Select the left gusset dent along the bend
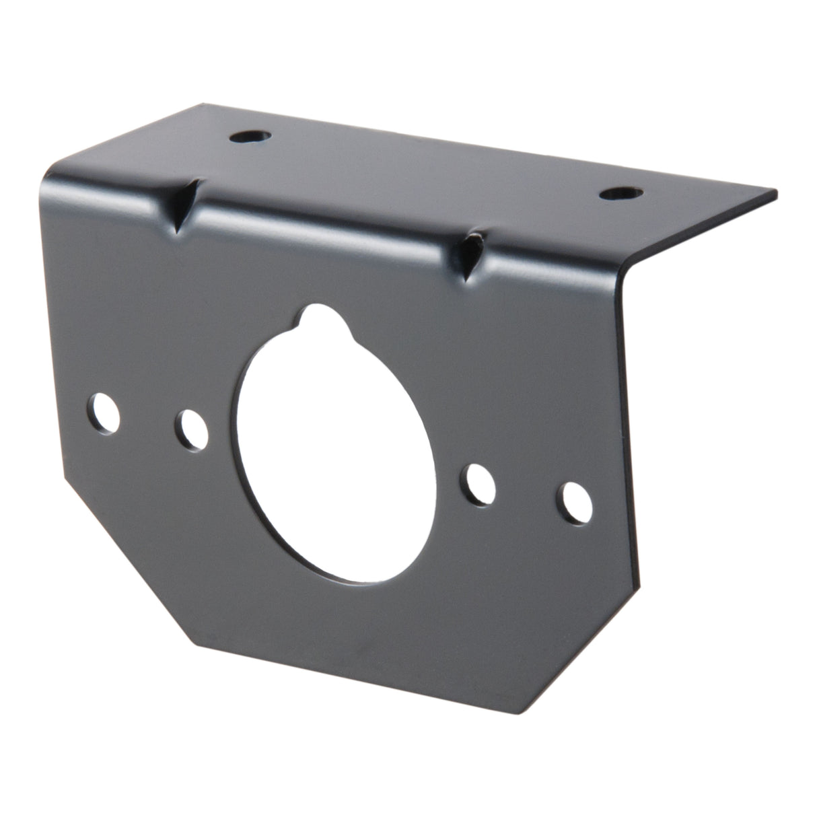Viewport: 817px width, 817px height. (x=184, y=206)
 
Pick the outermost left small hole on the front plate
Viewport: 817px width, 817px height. (x=105, y=417)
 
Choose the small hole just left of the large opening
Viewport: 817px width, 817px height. (x=192, y=430)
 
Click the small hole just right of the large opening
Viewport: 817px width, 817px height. (x=479, y=483)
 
